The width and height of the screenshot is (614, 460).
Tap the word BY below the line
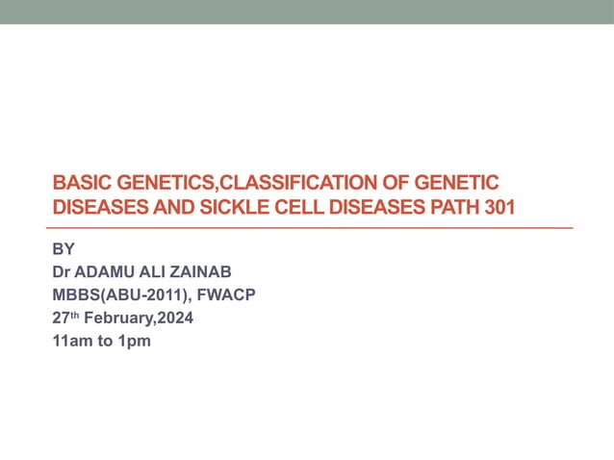[x=63, y=248]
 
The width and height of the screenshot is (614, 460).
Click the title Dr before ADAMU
[x=61, y=271]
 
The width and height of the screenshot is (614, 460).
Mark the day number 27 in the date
[x=60, y=318]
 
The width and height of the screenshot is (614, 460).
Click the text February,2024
[x=137, y=318]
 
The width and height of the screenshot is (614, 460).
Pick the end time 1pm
[x=135, y=341]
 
